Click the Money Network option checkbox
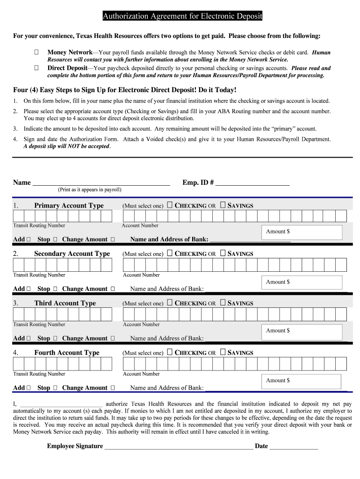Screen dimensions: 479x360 click(36, 53)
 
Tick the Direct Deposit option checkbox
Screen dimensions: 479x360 click(36, 68)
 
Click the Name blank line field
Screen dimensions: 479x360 click(101, 183)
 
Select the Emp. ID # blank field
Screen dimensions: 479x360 click(252, 183)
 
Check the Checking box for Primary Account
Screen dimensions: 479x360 click(170, 205)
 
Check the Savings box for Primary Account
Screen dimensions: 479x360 click(223, 205)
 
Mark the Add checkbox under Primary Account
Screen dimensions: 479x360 click(29, 239)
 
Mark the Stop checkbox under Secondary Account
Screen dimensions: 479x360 click(55, 289)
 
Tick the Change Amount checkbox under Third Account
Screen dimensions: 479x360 click(113, 338)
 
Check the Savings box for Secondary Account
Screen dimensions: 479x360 click(223, 253)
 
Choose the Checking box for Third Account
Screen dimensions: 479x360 click(170, 303)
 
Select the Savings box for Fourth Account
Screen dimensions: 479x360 click(223, 352)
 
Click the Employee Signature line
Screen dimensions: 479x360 click(178, 447)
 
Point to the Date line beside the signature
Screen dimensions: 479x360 click(294, 447)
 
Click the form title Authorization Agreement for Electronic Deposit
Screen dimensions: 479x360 click(182, 17)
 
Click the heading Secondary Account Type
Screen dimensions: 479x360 click(72, 254)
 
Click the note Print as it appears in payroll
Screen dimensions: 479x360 click(89, 190)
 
